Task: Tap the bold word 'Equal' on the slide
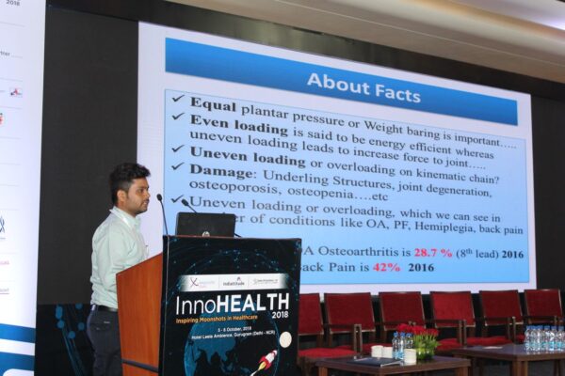213,103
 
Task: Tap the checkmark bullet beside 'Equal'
176,99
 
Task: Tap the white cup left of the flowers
377,351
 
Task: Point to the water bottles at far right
544,338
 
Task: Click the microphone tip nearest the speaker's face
159,197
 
